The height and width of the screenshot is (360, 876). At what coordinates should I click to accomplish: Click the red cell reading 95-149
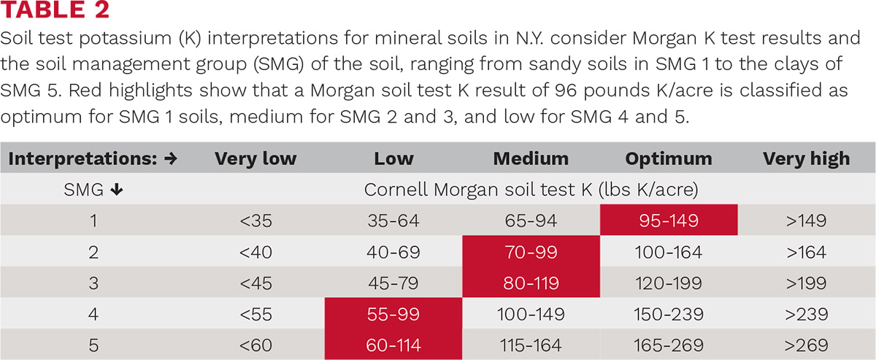[669, 220]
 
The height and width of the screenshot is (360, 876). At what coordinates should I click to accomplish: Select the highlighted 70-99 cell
[531, 251]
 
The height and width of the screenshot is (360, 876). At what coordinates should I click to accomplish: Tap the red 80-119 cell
[531, 283]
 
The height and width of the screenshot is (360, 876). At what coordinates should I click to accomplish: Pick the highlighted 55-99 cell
[393, 313]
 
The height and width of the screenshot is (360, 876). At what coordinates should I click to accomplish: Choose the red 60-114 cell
[393, 345]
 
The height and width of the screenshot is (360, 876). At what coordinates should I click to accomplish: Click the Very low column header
[255, 159]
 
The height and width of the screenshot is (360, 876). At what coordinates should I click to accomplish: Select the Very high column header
[807, 159]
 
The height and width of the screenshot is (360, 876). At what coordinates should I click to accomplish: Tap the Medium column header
[531, 158]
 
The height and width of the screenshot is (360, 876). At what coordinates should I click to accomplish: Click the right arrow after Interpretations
[171, 158]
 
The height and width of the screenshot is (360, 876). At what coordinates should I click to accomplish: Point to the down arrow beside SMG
[117, 190]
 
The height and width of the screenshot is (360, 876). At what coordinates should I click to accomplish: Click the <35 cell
[255, 221]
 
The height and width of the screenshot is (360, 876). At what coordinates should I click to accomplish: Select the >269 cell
[807, 345]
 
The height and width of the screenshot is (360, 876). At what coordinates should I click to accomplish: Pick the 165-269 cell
[669, 345]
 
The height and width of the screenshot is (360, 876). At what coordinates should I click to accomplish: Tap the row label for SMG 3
[93, 283]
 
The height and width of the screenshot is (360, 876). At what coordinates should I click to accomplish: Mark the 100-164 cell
[669, 252]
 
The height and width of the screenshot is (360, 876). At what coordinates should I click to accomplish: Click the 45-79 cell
[393, 283]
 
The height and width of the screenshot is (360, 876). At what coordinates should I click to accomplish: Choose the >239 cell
[807, 314]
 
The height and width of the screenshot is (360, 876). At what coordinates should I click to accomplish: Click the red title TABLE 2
[55, 9]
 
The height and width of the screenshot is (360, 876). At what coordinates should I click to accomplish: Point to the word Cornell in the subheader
[396, 189]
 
